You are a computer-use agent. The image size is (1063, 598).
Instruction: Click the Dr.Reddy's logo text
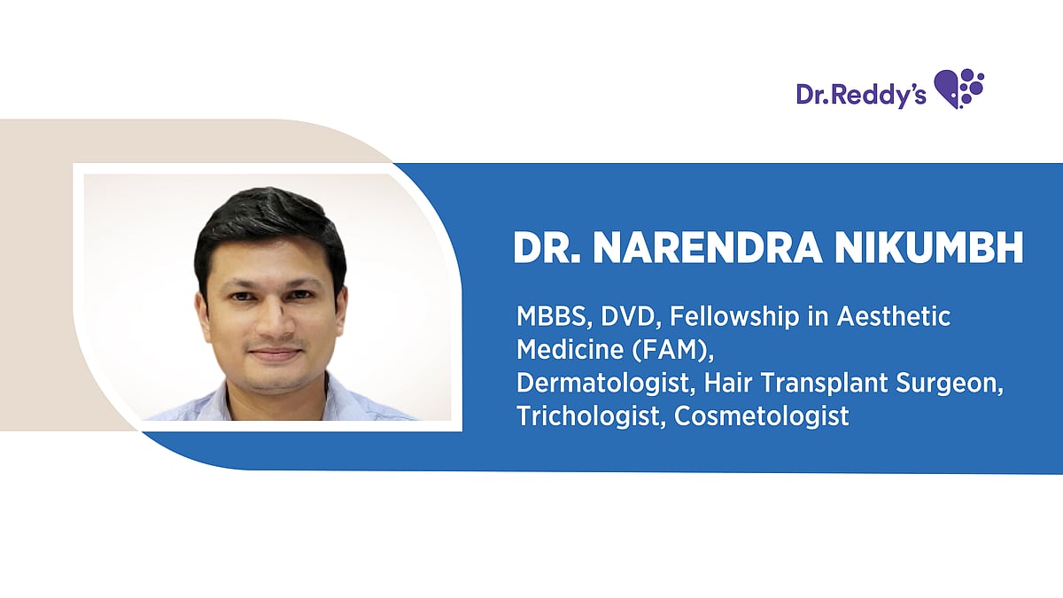860,95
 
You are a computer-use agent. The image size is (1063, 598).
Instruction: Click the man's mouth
274,353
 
